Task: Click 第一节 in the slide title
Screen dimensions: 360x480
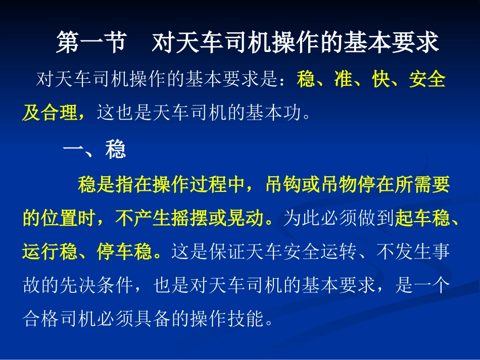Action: coord(90,43)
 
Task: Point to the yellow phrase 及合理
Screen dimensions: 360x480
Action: coord(50,113)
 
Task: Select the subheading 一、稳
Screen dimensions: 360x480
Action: coord(94,150)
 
